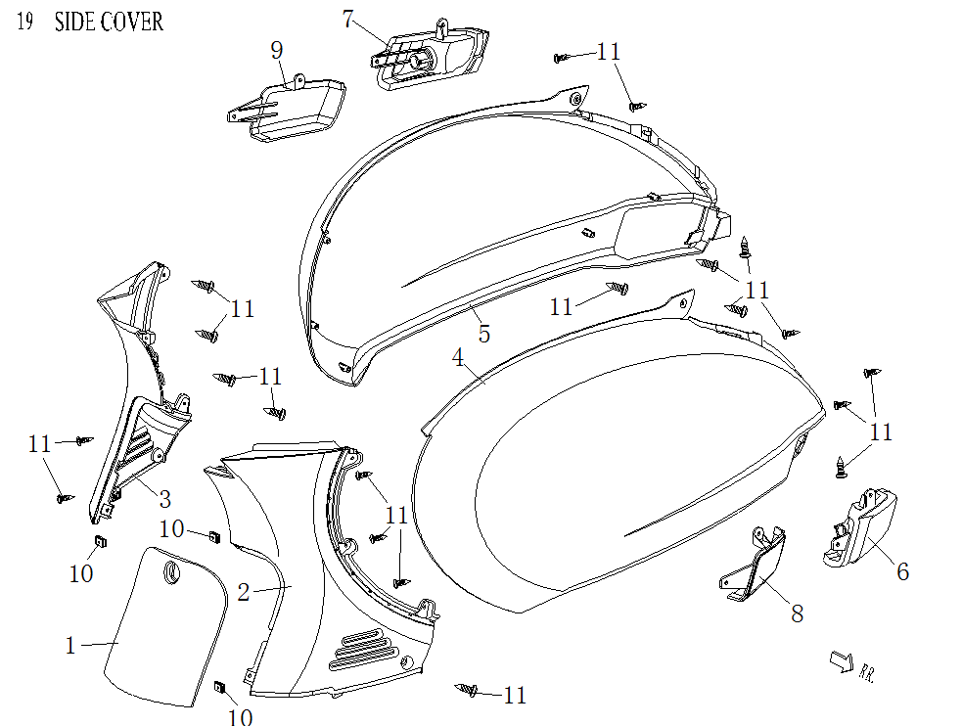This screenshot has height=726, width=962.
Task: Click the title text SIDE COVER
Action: pyautogui.click(x=109, y=22)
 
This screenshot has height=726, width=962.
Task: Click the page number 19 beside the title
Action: pyautogui.click(x=25, y=22)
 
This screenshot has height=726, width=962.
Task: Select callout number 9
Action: pyautogui.click(x=277, y=49)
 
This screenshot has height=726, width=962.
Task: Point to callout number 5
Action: pyautogui.click(x=483, y=333)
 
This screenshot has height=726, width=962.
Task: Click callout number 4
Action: pyautogui.click(x=458, y=358)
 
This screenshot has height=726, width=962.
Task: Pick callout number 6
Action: pyautogui.click(x=902, y=571)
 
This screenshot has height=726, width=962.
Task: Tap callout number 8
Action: pyautogui.click(x=798, y=613)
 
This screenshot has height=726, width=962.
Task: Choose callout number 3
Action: pyautogui.click(x=164, y=499)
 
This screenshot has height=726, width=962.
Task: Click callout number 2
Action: pyautogui.click(x=245, y=591)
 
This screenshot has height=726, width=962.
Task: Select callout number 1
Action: pyautogui.click(x=69, y=645)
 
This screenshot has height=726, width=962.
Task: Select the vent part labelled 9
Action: pyautogui.click(x=289, y=106)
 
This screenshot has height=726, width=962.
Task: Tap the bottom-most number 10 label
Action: pyautogui.click(x=240, y=717)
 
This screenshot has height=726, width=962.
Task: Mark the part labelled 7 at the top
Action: pyautogui.click(x=431, y=56)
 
